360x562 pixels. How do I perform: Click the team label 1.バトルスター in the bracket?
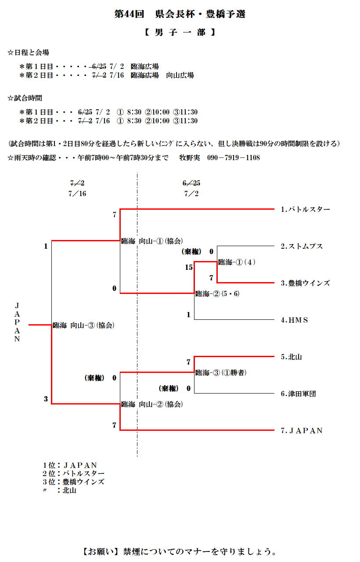(x=305, y=210)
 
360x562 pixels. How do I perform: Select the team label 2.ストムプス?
(x=302, y=247)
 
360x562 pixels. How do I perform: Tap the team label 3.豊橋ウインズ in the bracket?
(x=305, y=283)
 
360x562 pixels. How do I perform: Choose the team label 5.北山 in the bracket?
(x=291, y=357)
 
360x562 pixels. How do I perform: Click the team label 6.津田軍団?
(x=298, y=394)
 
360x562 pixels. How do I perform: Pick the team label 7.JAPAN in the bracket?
(x=302, y=431)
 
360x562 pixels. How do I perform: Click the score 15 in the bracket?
(x=189, y=267)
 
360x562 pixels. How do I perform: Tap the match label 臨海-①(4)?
(x=237, y=262)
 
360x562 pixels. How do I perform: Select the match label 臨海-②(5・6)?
(x=217, y=294)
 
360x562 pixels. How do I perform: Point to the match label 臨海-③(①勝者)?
(x=220, y=373)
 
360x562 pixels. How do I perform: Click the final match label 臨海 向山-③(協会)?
(x=83, y=326)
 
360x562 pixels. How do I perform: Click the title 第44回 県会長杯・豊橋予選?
(x=180, y=14)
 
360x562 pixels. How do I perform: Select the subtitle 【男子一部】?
(x=180, y=32)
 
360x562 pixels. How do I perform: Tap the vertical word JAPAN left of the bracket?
(x=17, y=322)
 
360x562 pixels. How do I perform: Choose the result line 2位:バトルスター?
(x=73, y=473)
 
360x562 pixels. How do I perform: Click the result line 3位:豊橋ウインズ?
(x=73, y=482)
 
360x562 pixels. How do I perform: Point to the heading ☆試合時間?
(x=25, y=98)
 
